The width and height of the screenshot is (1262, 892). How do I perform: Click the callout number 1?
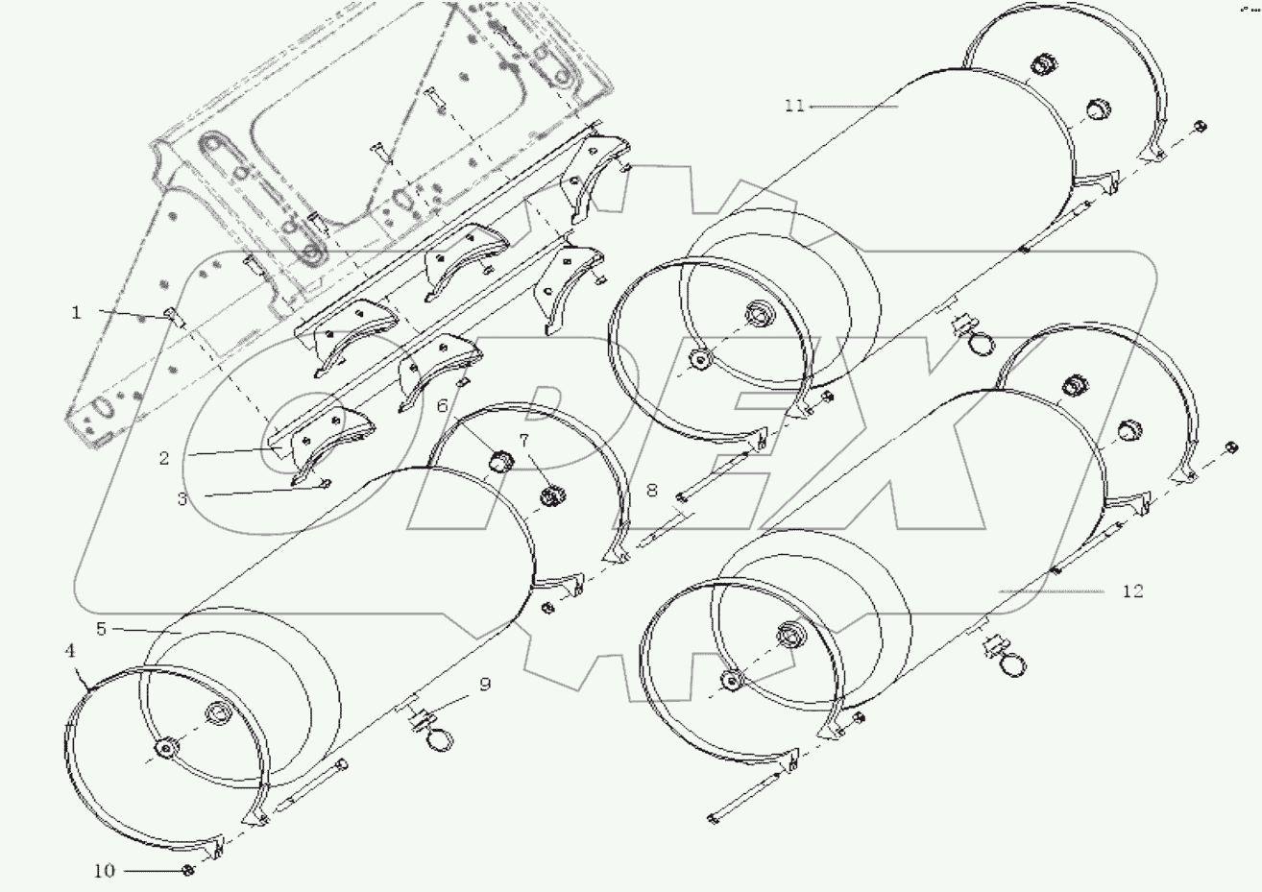pyautogui.click(x=77, y=312)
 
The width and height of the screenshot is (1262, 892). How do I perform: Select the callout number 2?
pyautogui.click(x=164, y=458)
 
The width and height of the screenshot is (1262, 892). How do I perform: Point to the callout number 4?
pyautogui.click(x=69, y=650)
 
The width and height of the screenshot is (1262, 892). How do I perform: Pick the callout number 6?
pyautogui.click(x=442, y=406)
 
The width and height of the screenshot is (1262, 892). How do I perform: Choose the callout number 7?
pyautogui.click(x=524, y=441)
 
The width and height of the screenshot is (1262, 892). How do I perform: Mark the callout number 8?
pyautogui.click(x=651, y=490)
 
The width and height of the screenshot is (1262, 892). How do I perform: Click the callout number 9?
pyautogui.click(x=484, y=684)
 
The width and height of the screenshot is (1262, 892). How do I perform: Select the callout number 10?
pyautogui.click(x=104, y=871)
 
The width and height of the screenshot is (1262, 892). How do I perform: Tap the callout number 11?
pyautogui.click(x=793, y=106)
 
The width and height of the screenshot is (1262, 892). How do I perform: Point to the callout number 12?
pyautogui.click(x=1132, y=591)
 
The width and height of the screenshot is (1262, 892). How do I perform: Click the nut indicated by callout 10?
pyautogui.click(x=188, y=870)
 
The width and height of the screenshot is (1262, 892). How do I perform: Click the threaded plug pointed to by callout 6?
pyautogui.click(x=498, y=463)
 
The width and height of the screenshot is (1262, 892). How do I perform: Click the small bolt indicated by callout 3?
pyautogui.click(x=325, y=483)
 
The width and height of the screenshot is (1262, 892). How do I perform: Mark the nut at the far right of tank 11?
pyautogui.click(x=1201, y=127)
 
